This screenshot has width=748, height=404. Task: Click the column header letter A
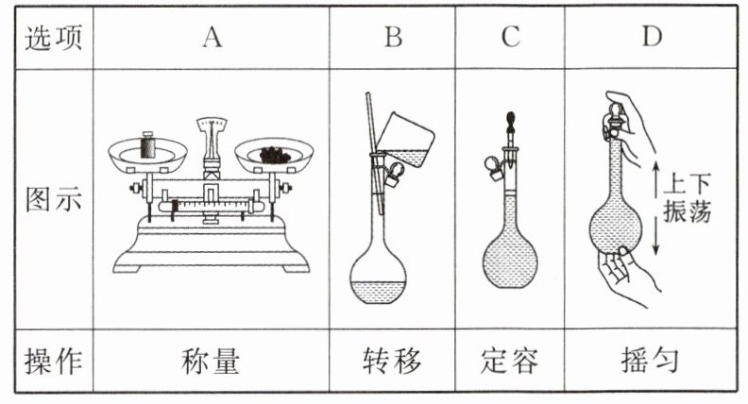[x=212, y=38]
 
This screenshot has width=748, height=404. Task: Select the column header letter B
[x=393, y=38]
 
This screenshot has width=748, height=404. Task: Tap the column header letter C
[x=511, y=38]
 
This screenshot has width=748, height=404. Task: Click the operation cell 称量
[x=212, y=361]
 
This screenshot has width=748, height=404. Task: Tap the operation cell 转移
[x=393, y=361]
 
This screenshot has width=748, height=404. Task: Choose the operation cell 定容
[x=511, y=361]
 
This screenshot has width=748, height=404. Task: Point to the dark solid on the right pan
[x=276, y=154]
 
